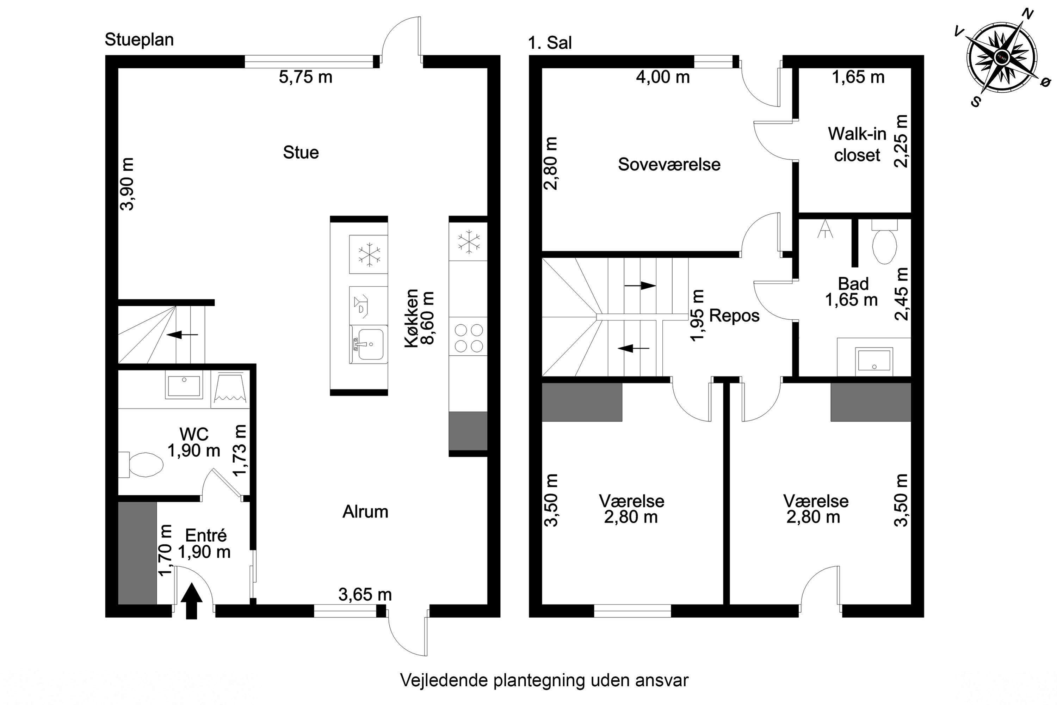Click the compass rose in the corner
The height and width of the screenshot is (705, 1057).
pyautogui.click(x=1002, y=58)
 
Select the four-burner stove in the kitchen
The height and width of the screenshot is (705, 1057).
pyautogui.click(x=468, y=338)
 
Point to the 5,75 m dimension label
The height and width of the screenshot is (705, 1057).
pyautogui.click(x=305, y=77)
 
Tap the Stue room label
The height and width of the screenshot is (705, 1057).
pyautogui.click(x=301, y=152)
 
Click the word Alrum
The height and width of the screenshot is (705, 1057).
pyautogui.click(x=365, y=512)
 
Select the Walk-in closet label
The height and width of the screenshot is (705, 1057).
pyautogui.click(x=857, y=144)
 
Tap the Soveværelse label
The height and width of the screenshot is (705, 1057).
pyautogui.click(x=669, y=165)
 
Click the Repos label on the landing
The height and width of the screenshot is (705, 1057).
pyautogui.click(x=734, y=315)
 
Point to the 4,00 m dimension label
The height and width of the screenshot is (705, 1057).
pyautogui.click(x=662, y=77)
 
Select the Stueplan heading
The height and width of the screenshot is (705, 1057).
pyautogui.click(x=139, y=39)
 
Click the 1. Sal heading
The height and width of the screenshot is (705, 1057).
pyautogui.click(x=550, y=43)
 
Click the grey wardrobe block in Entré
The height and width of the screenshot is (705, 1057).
pyautogui.click(x=137, y=553)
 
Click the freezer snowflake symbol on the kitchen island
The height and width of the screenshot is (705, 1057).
pyautogui.click(x=369, y=255)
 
